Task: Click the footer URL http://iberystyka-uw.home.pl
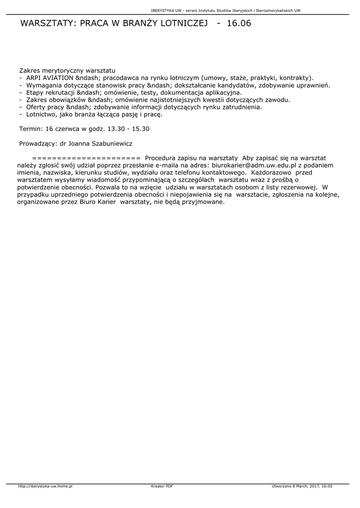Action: pyautogui.click(x=45, y=486)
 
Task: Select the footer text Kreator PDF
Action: pyautogui.click(x=162, y=486)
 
